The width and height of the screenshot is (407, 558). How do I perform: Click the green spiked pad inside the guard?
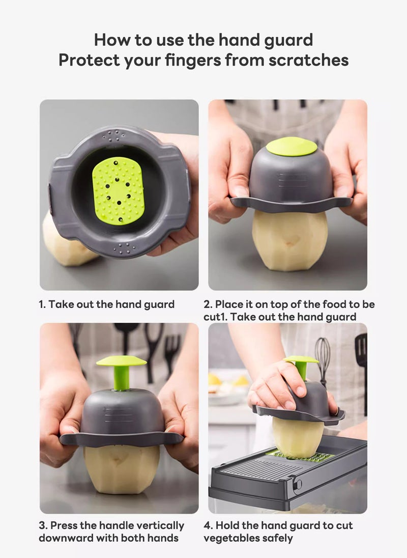coord(118,189)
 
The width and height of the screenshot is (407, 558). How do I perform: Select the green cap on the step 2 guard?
coord(292,147)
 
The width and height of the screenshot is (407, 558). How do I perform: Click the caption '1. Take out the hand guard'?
coord(107,304)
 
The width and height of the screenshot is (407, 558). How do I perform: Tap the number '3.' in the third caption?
coord(43,525)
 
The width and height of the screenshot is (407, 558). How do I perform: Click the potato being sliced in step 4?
coord(298,435)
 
